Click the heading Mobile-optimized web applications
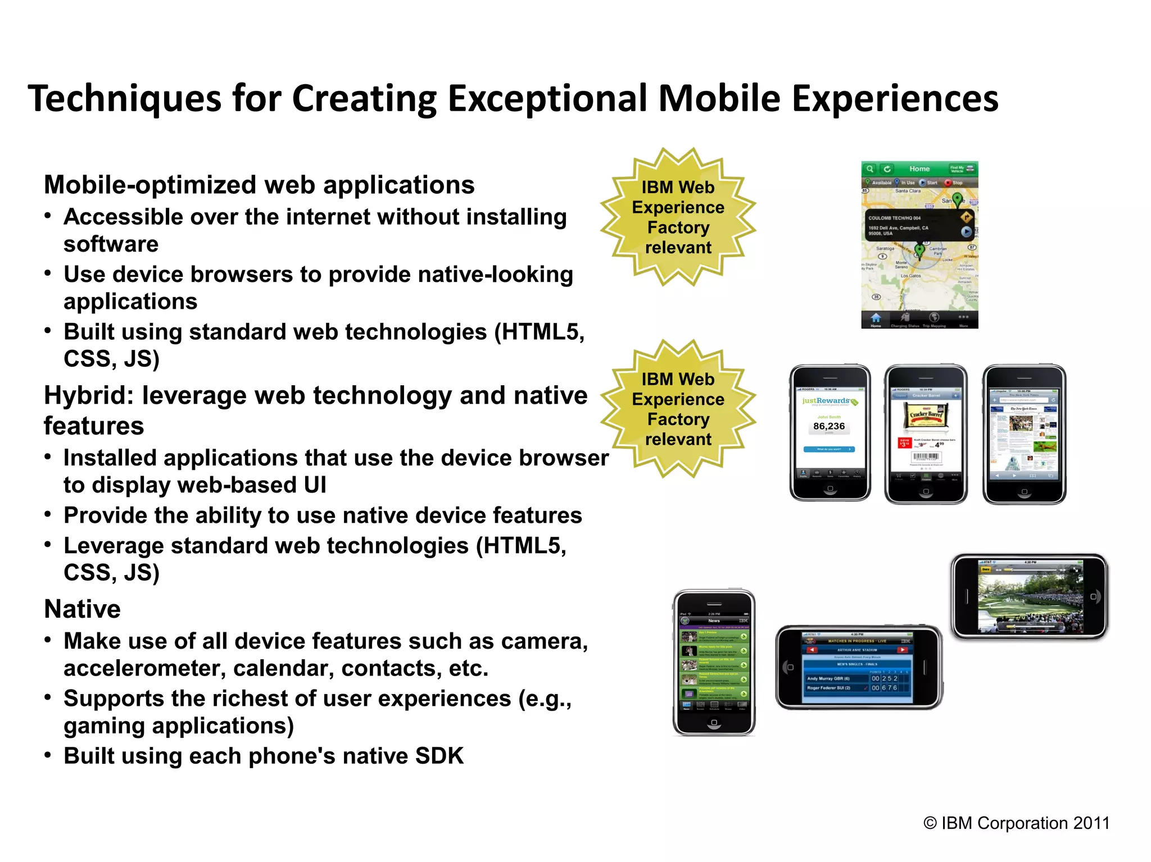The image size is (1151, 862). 259,185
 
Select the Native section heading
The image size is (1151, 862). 82,609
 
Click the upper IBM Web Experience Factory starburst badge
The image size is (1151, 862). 678,217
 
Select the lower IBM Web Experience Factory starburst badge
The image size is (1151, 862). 678,409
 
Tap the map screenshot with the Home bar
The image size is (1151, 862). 919,245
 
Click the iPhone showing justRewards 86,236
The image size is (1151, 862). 830,432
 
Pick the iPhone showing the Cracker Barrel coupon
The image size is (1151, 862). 925,434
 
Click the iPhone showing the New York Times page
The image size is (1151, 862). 1024,434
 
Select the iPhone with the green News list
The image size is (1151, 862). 714,663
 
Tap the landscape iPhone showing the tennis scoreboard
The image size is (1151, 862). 858,667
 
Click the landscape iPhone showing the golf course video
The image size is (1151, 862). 1029,596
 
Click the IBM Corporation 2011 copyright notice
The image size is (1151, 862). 1016,823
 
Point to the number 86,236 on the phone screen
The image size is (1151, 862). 829,426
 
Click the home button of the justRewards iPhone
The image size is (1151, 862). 830,489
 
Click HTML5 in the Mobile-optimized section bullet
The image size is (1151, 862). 540,332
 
